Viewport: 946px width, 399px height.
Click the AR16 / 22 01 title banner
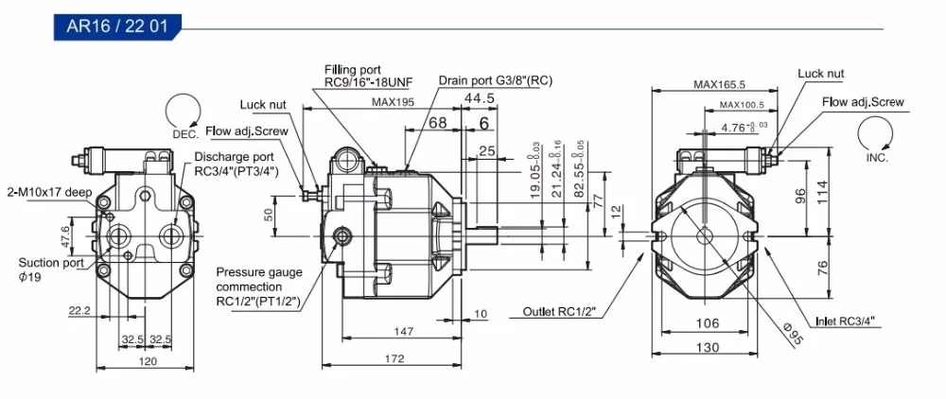tap(117, 27)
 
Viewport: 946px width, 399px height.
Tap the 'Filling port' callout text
tap(353, 70)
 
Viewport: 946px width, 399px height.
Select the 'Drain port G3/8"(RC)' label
tap(496, 80)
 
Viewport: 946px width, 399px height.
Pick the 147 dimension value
tap(403, 331)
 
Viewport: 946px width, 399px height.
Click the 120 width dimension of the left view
tap(148, 361)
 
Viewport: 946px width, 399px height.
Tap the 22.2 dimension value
tap(79, 310)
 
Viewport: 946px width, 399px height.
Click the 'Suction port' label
tap(47, 263)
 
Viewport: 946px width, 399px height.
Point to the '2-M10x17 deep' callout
tap(49, 193)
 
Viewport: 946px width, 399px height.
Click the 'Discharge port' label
tap(234, 157)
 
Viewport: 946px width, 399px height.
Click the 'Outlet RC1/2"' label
tap(559, 312)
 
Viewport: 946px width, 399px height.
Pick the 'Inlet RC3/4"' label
tap(849, 321)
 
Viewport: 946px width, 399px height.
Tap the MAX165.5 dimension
tap(719, 84)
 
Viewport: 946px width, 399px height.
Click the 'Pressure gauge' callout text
tap(259, 271)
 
